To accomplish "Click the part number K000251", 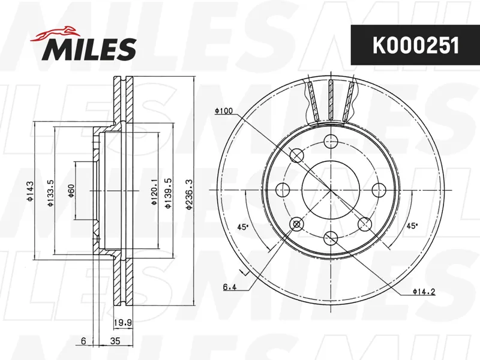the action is (415, 46).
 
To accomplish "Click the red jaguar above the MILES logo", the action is (54, 33).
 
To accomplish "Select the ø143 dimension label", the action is (29, 191).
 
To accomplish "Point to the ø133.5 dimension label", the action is (50, 193).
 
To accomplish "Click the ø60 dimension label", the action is (71, 191).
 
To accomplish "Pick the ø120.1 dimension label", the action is (154, 192).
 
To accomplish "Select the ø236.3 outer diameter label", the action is (189, 194).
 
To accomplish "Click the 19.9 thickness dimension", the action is (123, 322).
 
